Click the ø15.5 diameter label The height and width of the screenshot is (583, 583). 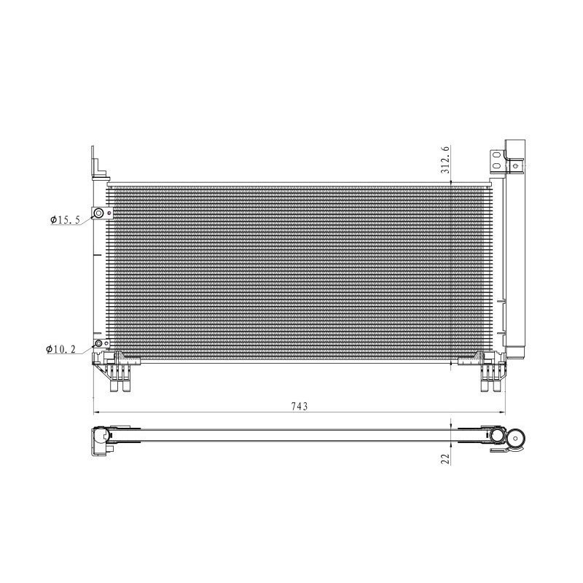pyautogui.click(x=65, y=219)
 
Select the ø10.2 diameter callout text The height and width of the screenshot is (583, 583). pyautogui.click(x=62, y=350)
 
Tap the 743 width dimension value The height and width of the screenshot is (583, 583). pyautogui.click(x=299, y=406)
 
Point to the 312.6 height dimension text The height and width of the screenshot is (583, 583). pyautogui.click(x=446, y=160)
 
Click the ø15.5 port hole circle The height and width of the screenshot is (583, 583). pyautogui.click(x=98, y=214)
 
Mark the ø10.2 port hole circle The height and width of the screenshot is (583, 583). pyautogui.click(x=98, y=344)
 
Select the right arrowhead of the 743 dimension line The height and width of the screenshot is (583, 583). pyautogui.click(x=504, y=413)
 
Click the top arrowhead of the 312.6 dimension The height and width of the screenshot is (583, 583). pyautogui.click(x=453, y=183)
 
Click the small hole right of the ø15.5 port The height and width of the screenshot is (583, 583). pyautogui.click(x=108, y=214)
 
